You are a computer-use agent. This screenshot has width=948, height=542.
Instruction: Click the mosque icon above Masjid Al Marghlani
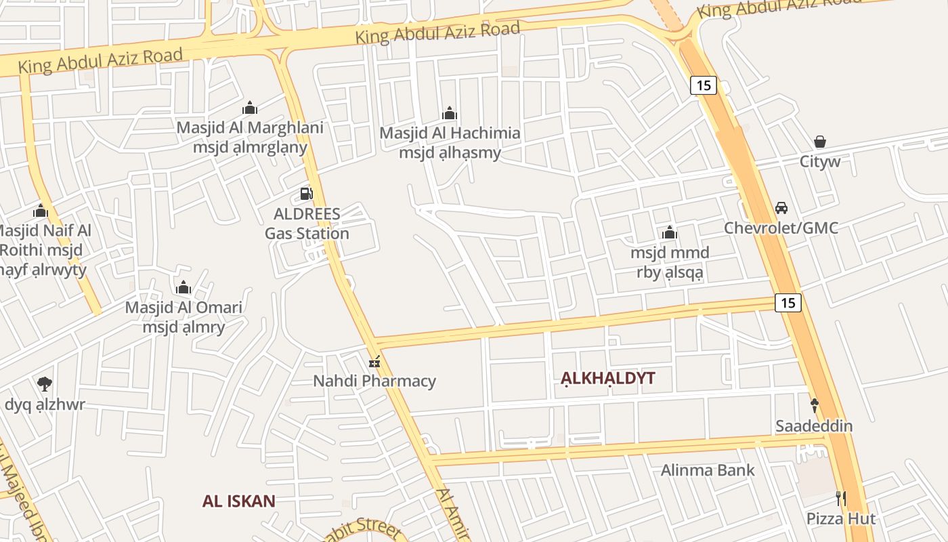click(250, 108)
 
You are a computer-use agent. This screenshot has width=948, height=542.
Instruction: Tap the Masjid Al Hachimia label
click(450, 133)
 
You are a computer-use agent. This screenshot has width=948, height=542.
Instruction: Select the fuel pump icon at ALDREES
click(307, 194)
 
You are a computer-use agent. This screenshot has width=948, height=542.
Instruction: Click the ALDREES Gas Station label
click(307, 224)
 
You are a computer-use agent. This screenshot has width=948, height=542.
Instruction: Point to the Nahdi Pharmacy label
click(374, 381)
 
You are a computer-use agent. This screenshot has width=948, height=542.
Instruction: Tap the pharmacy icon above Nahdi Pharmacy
click(374, 362)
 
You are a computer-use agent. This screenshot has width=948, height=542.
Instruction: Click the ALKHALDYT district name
click(608, 378)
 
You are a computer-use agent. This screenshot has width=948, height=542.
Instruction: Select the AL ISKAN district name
click(239, 501)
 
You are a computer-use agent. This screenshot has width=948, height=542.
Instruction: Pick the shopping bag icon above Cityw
click(820, 142)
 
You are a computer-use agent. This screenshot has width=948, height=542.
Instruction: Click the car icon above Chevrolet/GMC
click(781, 208)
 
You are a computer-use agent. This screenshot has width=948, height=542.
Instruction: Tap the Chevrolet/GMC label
click(781, 228)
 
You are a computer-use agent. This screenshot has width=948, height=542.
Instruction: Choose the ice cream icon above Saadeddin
click(815, 406)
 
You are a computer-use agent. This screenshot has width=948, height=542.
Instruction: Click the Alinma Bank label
click(708, 470)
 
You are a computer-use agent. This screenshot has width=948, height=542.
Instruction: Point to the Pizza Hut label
click(841, 519)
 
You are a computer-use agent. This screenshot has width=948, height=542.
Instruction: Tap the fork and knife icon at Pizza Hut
click(841, 499)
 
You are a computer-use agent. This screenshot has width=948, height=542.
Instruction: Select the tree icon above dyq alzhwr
click(45, 384)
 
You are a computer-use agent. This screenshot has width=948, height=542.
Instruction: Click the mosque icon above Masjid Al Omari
click(184, 288)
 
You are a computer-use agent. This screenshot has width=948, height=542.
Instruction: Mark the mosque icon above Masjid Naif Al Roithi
click(41, 211)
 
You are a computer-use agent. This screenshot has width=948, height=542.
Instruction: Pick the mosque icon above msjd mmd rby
click(670, 233)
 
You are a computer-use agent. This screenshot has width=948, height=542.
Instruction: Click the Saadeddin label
click(814, 426)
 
